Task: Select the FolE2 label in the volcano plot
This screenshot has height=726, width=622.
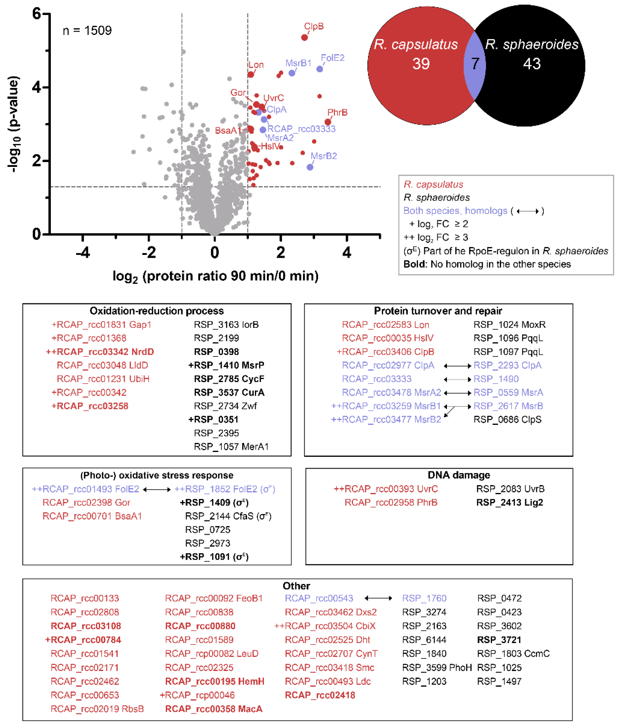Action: coord(332,58)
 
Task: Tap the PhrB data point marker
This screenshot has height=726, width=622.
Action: coord(328,122)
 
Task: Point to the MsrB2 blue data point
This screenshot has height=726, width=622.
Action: coord(310,167)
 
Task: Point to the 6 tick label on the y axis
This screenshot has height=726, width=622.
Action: coord(36,14)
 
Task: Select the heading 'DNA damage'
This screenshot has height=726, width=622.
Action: coord(459,475)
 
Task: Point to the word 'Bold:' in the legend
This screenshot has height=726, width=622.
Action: coord(415,264)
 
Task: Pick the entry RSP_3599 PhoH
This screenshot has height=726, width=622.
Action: coord(437,667)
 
